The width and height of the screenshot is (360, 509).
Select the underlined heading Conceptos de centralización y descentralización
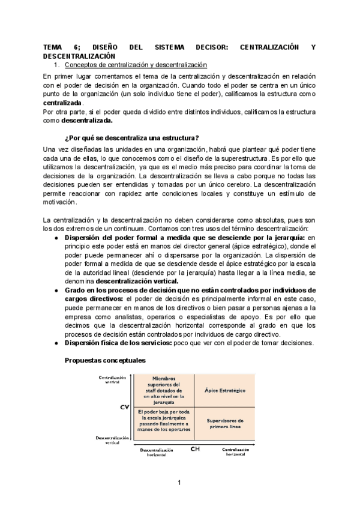pyautogui.click(x=135, y=64)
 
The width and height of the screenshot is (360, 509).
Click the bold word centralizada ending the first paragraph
pyautogui.click(x=62, y=103)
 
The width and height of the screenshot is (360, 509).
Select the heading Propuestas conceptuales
pyautogui.click(x=104, y=360)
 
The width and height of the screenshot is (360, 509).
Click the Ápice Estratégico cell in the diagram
pyautogui.click(x=225, y=390)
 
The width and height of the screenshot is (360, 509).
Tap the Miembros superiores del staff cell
pyautogui.click(x=163, y=388)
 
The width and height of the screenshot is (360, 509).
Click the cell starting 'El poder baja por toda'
pyautogui.click(x=163, y=420)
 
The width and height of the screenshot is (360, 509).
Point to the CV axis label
pyautogui.click(x=125, y=407)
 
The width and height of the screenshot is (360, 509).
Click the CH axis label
pyautogui.click(x=195, y=448)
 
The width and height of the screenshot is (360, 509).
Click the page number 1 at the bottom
pyautogui.click(x=179, y=482)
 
